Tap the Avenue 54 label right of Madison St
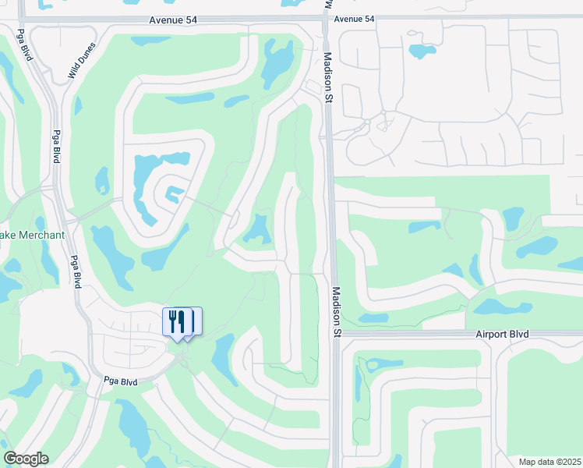point(354,19)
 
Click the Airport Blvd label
point(502,334)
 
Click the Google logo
point(26,459)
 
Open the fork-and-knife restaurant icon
point(176,320)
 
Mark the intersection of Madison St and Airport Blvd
point(337,334)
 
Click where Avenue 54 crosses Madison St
point(325,17)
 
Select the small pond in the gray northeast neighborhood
point(422,51)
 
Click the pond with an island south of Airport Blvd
point(379,363)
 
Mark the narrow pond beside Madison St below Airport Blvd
point(359,390)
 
